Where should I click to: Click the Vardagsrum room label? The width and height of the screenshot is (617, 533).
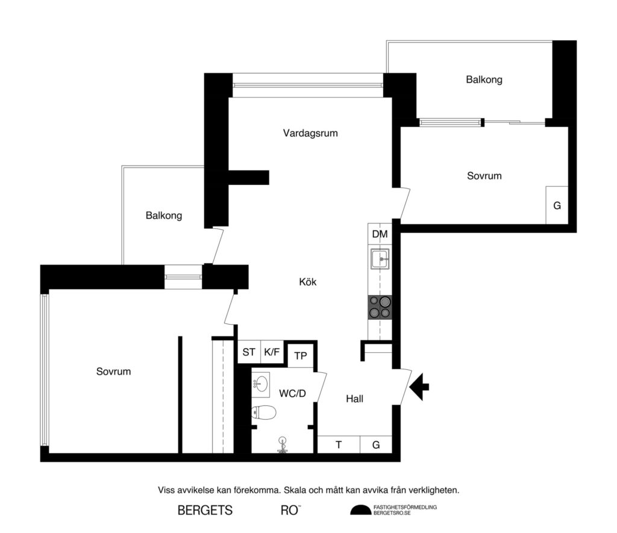click(x=310, y=133)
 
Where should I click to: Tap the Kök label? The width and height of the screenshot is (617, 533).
click(x=307, y=281)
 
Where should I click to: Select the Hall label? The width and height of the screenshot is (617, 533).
click(x=354, y=398)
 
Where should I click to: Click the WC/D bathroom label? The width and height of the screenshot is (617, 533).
click(x=292, y=393)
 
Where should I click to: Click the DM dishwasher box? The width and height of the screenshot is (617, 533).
click(x=380, y=234)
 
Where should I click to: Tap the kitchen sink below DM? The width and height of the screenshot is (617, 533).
click(x=380, y=260)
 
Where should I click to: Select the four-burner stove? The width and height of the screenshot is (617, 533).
click(x=380, y=307)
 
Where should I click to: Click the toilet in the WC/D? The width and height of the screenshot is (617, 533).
click(x=263, y=413)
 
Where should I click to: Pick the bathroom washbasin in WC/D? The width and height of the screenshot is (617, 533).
click(x=261, y=383)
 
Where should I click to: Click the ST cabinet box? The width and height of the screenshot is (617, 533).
click(x=248, y=352)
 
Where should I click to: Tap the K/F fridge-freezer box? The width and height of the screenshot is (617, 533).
click(x=272, y=352)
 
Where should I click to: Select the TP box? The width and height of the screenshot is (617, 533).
click(x=301, y=356)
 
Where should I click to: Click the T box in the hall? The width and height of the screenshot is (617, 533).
click(x=339, y=445)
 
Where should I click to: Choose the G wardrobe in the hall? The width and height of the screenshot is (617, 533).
click(x=376, y=445)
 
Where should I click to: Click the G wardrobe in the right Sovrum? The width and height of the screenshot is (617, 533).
click(x=557, y=205)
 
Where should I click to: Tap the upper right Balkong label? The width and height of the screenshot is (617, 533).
click(x=484, y=79)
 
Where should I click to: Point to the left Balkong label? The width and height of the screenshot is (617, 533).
click(x=164, y=215)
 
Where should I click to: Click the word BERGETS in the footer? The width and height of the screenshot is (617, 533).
click(x=205, y=510)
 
